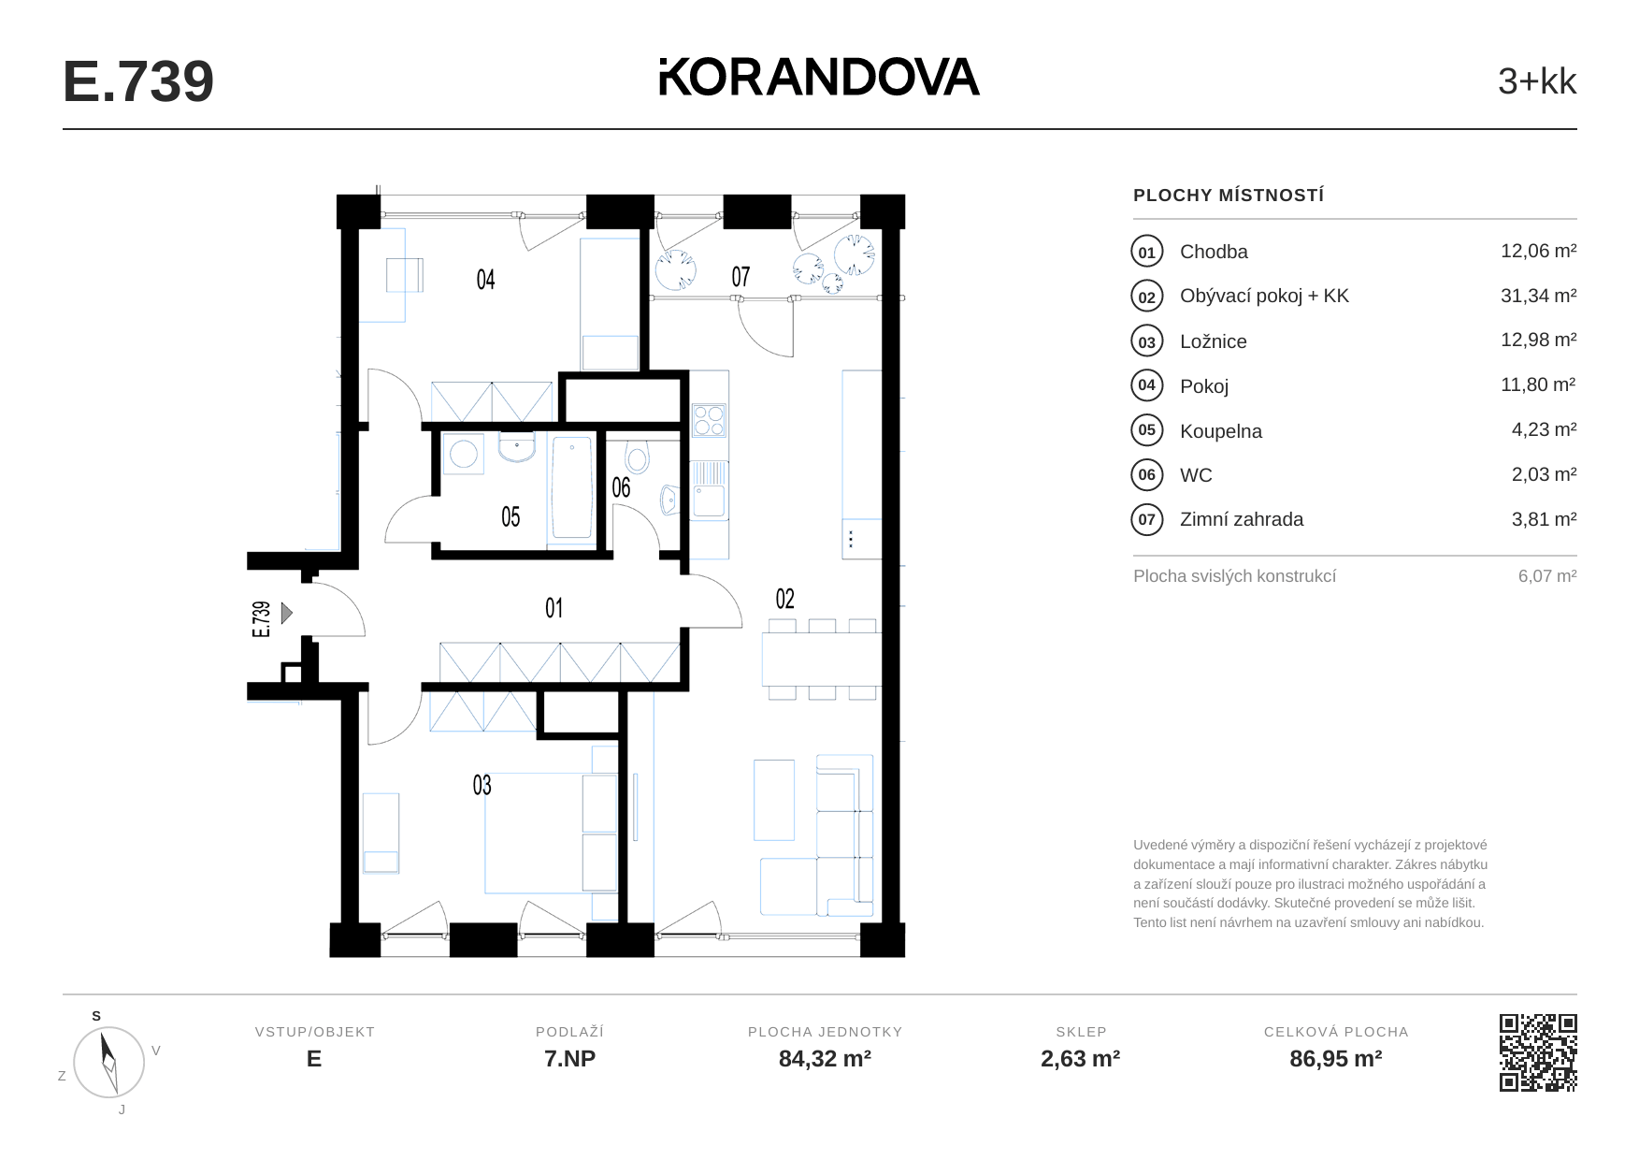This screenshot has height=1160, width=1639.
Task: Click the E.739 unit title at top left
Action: (138, 81)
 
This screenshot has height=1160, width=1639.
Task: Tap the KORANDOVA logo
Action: (819, 77)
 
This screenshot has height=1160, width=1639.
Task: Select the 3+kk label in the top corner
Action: (1537, 81)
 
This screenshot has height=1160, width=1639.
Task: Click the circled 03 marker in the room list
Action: (1147, 341)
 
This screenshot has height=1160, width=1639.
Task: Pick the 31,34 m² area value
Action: (1538, 296)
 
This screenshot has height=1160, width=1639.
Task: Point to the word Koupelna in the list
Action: (1220, 431)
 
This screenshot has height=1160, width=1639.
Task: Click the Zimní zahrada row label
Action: (1242, 519)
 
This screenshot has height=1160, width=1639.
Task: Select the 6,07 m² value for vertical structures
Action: (1547, 576)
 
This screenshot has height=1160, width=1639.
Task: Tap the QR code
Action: (1538, 1052)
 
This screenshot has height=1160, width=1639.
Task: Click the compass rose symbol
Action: (109, 1062)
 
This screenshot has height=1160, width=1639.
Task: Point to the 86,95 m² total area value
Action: (1336, 1059)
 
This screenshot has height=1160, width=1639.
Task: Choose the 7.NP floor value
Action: (570, 1059)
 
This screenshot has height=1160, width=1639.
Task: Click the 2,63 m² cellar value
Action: (1081, 1059)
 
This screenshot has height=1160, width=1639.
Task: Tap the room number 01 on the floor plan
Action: (554, 608)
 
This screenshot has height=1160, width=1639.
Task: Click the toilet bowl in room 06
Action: (638, 457)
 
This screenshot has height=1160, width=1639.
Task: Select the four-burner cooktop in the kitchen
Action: (709, 420)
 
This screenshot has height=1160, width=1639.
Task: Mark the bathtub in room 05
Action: (571, 488)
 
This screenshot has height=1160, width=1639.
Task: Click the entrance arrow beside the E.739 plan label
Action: (287, 613)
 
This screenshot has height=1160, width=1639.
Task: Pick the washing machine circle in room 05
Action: (464, 455)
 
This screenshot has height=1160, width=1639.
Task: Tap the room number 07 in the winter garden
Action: (740, 277)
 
